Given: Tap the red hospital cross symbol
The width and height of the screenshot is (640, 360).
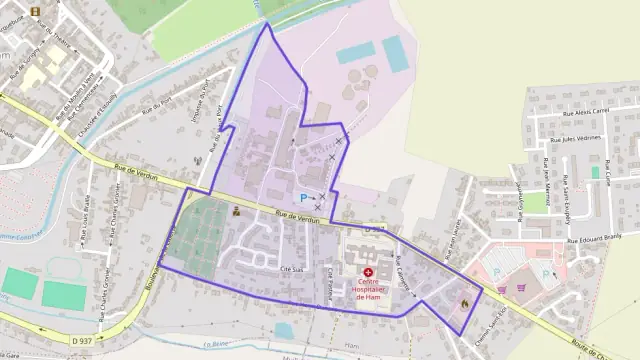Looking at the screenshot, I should point(368,272).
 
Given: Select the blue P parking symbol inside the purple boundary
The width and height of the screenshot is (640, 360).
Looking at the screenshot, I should point(304,199).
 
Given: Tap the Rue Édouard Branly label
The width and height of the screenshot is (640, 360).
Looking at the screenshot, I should point(596,240).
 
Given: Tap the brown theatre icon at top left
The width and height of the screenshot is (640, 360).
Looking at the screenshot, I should point(36,12).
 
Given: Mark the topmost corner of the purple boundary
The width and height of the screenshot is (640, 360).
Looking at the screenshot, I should point(267,23).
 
